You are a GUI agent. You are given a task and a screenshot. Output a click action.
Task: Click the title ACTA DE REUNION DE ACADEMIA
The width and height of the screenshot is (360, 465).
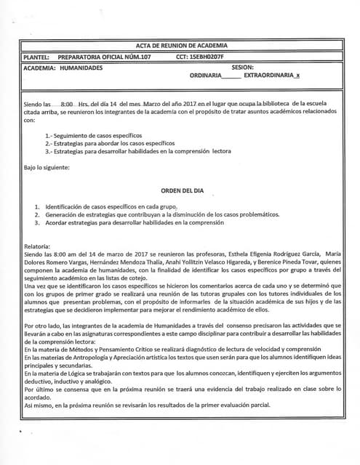tap(181, 45)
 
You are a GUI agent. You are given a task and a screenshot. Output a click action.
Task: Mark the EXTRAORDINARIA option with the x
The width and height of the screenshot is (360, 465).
tap(276, 76)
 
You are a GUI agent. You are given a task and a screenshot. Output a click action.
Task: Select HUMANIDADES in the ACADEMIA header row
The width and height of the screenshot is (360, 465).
tap(81, 68)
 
